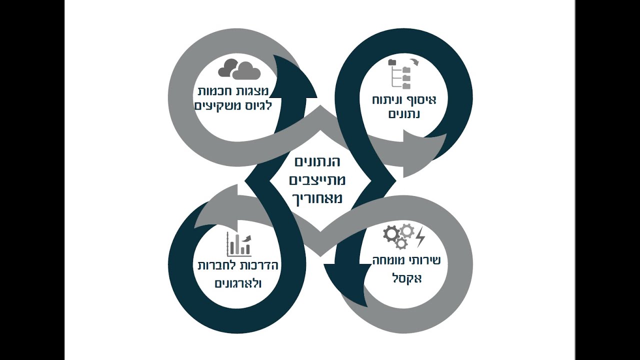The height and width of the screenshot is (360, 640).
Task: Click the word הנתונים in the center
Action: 317,162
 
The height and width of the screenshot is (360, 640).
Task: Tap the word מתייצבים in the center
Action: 317,180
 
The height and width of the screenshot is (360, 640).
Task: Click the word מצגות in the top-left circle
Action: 252,91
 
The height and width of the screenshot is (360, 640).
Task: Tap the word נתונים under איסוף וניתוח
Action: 404,114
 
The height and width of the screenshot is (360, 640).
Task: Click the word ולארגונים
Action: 238,283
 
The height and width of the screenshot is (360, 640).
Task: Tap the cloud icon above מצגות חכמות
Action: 239,69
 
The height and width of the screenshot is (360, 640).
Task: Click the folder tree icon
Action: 399,74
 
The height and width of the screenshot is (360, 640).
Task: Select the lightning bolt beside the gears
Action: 420,237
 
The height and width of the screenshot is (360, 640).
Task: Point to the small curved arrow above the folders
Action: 414,62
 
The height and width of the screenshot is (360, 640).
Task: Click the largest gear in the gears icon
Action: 391,233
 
